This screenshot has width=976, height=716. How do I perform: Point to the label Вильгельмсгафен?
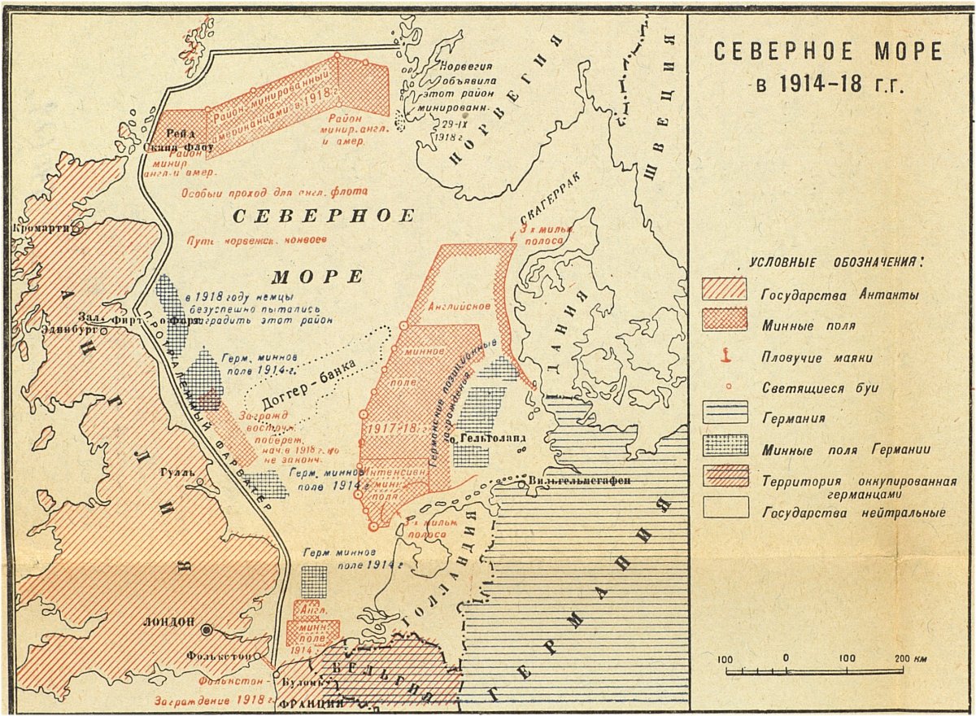[x=578, y=480]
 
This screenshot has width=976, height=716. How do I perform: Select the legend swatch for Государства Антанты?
[x=724, y=289]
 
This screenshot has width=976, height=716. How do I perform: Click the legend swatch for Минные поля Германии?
[x=724, y=447]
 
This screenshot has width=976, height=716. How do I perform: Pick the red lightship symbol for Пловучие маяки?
[x=724, y=356]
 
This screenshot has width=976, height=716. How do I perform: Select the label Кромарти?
[x=39, y=229]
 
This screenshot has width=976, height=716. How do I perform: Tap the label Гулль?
[x=179, y=471]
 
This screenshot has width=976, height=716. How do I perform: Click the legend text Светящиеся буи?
[x=821, y=387]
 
